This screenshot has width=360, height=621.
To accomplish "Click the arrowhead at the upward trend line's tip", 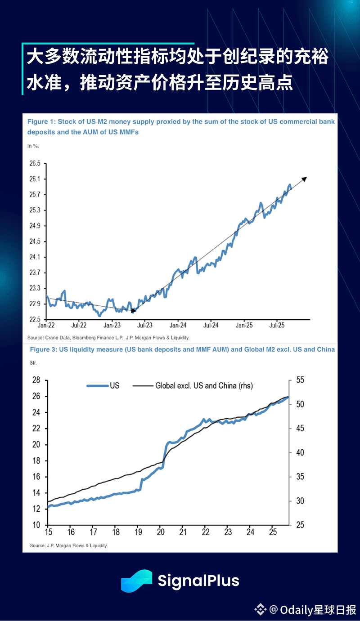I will [304, 179].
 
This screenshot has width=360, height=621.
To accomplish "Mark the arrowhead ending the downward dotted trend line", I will [133, 310].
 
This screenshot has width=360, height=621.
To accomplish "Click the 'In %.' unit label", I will [33, 145].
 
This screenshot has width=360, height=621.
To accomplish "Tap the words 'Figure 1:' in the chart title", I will [41, 121].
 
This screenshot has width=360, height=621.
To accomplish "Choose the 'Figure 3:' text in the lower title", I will [44, 349].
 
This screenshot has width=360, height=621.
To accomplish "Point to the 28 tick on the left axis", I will [36, 380].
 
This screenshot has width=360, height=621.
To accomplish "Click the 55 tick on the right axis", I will [299, 380].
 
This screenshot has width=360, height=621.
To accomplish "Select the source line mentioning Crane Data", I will [108, 337].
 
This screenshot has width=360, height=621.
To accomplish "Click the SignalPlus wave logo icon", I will [136, 581].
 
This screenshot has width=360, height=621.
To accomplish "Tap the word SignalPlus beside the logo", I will [198, 581].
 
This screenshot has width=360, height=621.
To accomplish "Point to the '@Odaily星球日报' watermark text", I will [311, 610].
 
